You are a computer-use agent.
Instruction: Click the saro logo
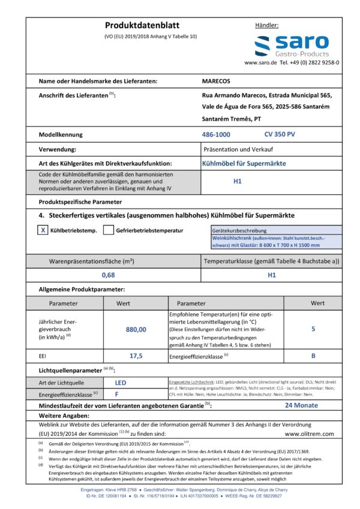click(x=291, y=46)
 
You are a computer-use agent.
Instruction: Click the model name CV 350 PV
click(x=279, y=135)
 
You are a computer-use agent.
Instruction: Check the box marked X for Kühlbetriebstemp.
click(x=43, y=230)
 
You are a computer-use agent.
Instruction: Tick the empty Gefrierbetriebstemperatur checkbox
click(x=109, y=230)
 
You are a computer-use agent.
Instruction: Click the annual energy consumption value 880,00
click(x=136, y=329)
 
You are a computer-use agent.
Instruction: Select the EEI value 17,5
click(x=136, y=356)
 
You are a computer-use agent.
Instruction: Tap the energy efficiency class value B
click(x=313, y=356)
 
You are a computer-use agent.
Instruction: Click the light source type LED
click(x=121, y=382)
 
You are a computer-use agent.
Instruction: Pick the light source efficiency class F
click(x=116, y=394)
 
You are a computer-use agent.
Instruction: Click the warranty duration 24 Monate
click(x=301, y=405)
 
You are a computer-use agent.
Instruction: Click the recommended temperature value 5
click(x=313, y=329)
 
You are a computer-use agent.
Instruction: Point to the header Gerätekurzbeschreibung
click(x=240, y=230)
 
